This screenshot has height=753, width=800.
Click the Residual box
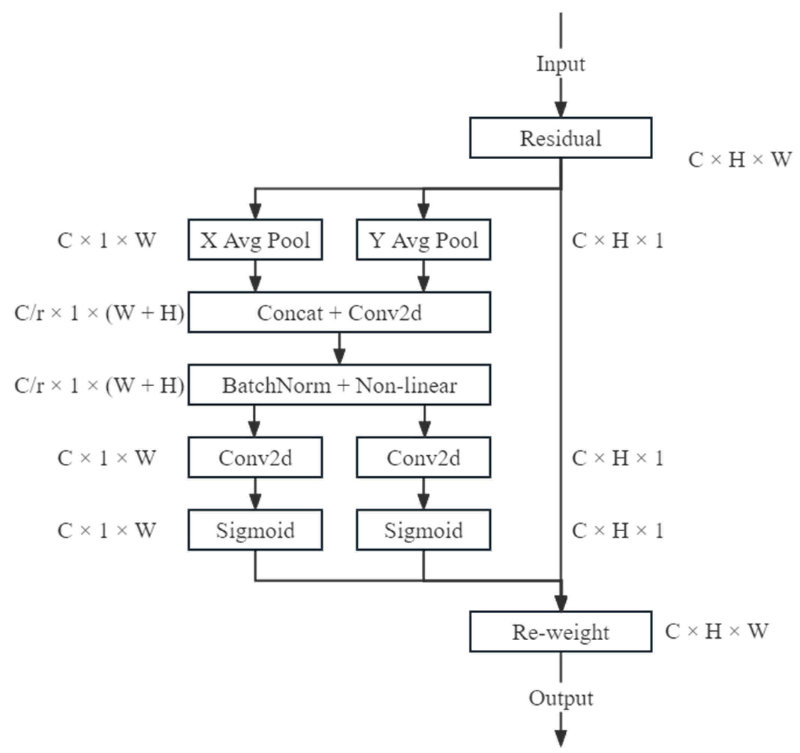click(x=560, y=138)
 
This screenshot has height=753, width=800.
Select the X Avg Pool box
click(x=255, y=240)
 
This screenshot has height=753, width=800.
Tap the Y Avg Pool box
click(x=423, y=240)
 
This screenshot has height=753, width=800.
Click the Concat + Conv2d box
click(x=339, y=313)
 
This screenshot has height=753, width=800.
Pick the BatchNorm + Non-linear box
click(x=339, y=385)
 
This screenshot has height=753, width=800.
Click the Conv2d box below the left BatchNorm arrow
click(x=255, y=457)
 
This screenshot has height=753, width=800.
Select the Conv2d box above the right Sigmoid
click(x=423, y=457)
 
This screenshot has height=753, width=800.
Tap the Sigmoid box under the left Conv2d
click(x=255, y=530)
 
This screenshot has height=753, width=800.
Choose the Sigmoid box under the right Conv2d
click(x=423, y=530)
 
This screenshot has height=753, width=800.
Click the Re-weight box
click(x=560, y=632)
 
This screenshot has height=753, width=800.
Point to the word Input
click(x=560, y=64)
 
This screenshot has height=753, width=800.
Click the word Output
click(x=560, y=698)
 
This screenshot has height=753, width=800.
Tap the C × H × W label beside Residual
click(x=740, y=159)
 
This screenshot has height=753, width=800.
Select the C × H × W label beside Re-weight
click(x=716, y=631)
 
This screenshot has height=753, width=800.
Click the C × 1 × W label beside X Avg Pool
click(x=107, y=240)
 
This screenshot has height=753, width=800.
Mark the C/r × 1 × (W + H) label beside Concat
click(x=99, y=313)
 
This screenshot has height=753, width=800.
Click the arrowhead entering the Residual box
click(x=560, y=109)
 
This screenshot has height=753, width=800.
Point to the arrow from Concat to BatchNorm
click(x=339, y=349)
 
